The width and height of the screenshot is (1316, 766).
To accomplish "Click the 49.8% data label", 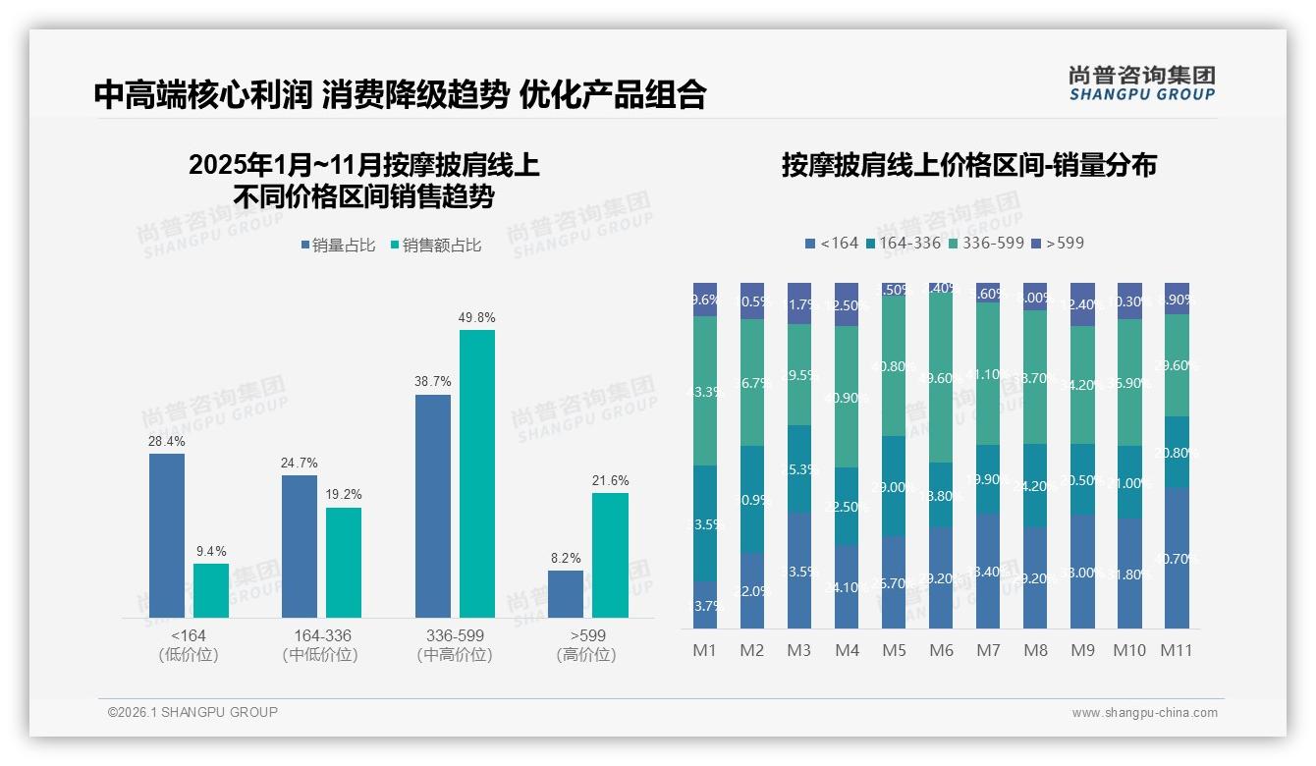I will [477, 318].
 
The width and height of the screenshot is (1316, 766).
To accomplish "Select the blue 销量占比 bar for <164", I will [167, 535].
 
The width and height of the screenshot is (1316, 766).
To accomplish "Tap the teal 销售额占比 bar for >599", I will [610, 555].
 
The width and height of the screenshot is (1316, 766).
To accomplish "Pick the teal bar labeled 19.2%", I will [344, 562].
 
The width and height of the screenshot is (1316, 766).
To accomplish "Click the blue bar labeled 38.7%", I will [433, 506].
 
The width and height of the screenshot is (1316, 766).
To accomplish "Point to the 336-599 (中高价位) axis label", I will [455, 645].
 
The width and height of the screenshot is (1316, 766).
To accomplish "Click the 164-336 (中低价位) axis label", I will [320, 645].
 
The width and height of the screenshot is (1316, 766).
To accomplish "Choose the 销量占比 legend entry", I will [338, 246].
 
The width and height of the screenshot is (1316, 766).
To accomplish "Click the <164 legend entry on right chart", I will [831, 243].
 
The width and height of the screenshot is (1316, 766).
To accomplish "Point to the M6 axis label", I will [941, 650].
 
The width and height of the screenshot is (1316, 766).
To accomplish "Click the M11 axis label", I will [1176, 650].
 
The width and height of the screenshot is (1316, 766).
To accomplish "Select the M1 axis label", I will [705, 650].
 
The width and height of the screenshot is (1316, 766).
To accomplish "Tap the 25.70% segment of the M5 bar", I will [894, 582].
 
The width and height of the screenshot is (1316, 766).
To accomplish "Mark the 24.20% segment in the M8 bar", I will [1035, 485].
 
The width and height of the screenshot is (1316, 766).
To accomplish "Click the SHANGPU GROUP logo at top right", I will [1141, 83].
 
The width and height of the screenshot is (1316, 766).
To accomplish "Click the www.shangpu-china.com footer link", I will [1144, 713].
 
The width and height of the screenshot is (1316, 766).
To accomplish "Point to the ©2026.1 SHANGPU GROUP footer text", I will [192, 712].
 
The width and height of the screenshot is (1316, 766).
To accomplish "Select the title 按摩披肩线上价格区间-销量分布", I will [968, 165].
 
